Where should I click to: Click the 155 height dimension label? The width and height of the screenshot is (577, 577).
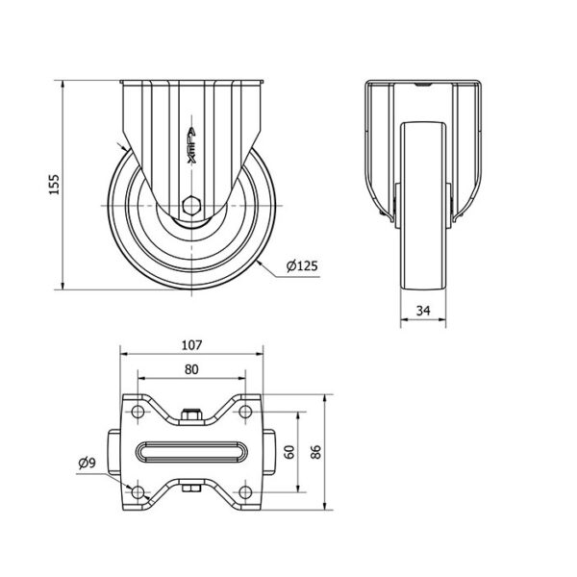tap(55, 184)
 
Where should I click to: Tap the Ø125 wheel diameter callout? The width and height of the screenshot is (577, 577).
tap(302, 265)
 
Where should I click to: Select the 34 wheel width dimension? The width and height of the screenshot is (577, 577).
tap(423, 311)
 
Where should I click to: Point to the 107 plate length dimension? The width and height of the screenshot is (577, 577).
tap(191, 345)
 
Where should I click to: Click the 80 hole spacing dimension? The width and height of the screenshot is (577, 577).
tap(191, 369)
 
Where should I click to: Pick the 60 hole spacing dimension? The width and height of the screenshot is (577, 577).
tap(290, 452)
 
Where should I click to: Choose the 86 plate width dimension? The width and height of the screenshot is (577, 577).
tap(315, 452)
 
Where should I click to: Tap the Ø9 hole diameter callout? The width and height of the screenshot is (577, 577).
tap(87, 463)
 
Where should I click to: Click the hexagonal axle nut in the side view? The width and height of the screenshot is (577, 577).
tap(191, 206)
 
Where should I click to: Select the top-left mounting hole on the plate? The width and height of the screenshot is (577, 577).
tap(138, 412)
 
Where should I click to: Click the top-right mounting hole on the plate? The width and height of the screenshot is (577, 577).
tap(245, 412)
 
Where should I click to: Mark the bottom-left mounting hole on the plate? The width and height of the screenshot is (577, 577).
tap(138, 491)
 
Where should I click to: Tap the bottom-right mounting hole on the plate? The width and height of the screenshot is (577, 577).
tap(245, 491)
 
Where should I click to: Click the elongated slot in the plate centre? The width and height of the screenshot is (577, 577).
tap(191, 452)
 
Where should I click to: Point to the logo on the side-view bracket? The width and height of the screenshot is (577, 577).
tap(191, 145)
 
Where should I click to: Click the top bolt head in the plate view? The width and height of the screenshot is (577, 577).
tap(191, 414)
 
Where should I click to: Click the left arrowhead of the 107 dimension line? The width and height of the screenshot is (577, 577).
tap(125, 354)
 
